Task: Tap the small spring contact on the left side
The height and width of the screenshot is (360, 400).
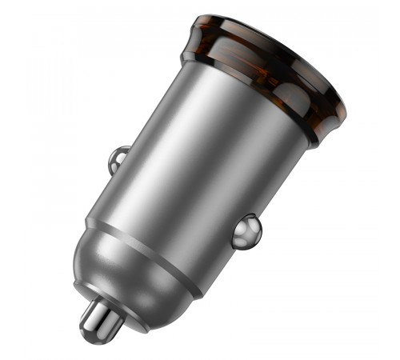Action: [x=118, y=158]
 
